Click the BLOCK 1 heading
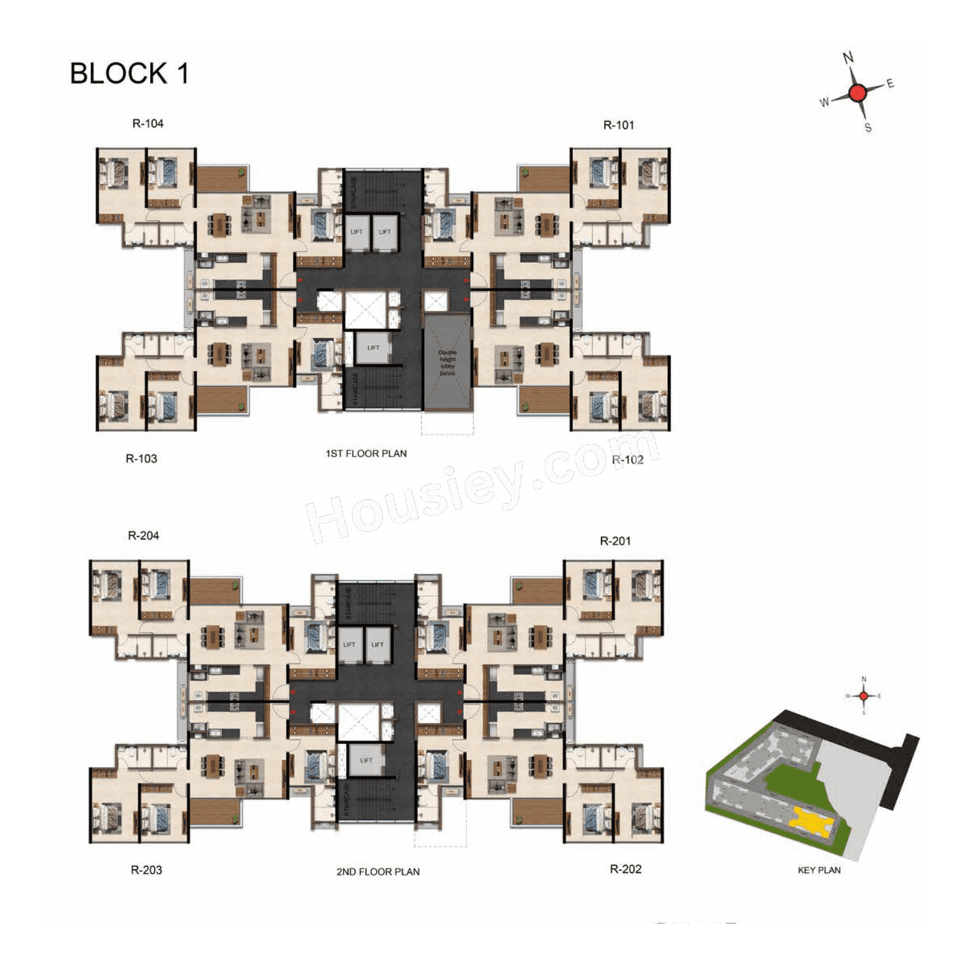129,74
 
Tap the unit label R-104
148,124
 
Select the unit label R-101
618,125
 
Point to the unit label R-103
142,458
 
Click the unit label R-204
143,535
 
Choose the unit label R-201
615,541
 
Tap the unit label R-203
146,870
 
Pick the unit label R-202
625,869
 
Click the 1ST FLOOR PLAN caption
366,453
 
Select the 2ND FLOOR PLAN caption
378,871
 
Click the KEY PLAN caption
819,870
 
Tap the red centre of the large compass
857,93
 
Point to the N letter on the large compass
848,58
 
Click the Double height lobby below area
447,363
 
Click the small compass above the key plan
864,696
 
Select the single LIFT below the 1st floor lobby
374,348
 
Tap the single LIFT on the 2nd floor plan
366,761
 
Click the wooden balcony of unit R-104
221,179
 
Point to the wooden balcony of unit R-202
538,812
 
